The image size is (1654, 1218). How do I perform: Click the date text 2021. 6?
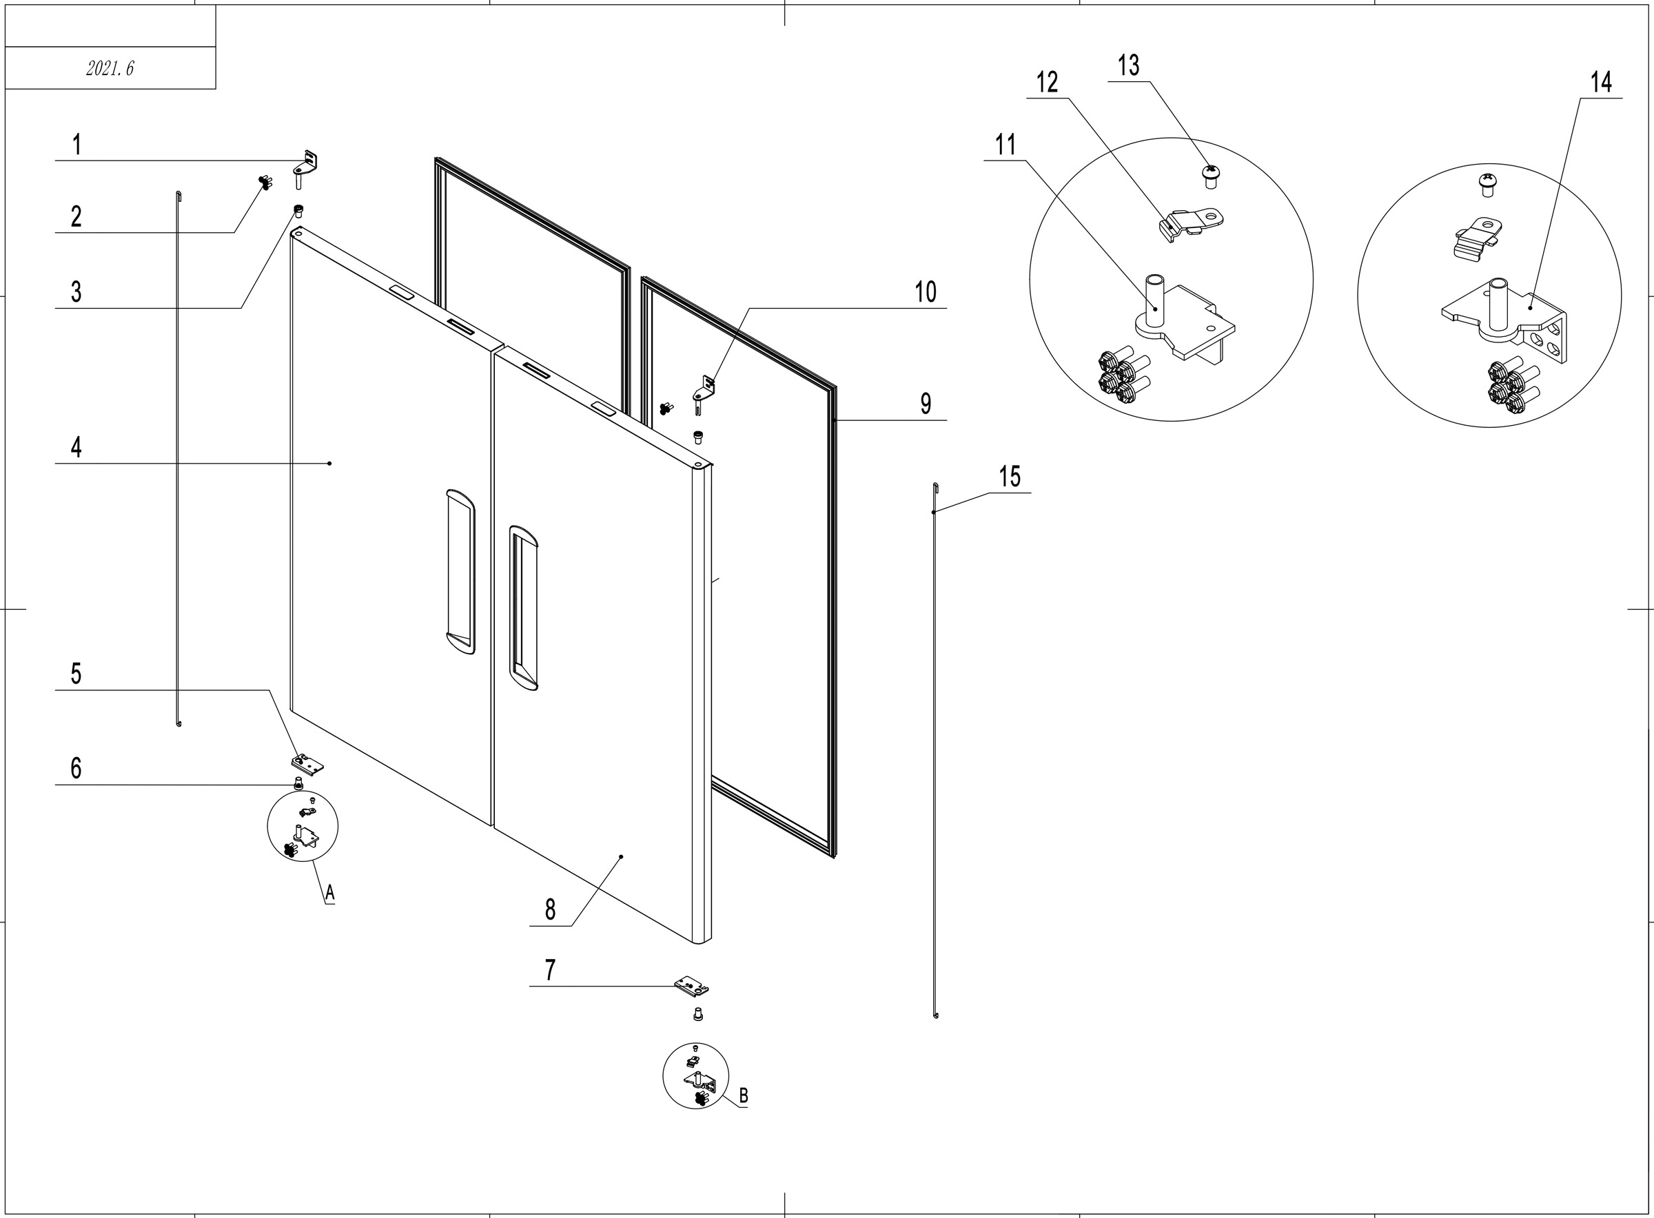(x=110, y=69)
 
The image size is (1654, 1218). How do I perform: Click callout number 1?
(x=76, y=145)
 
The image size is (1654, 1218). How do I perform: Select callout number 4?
(x=76, y=448)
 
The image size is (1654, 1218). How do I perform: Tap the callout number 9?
(x=926, y=404)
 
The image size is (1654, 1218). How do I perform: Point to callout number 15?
(x=1010, y=477)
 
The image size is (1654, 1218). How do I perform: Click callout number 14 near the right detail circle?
(x=1600, y=82)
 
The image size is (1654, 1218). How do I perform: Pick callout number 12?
(x=1047, y=83)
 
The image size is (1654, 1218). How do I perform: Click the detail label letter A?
(x=329, y=893)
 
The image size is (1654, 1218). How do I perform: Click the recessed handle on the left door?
(x=460, y=571)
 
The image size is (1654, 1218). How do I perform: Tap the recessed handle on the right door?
(x=524, y=608)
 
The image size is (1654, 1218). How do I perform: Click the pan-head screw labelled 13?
(x=1209, y=176)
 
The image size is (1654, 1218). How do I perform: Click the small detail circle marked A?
(x=303, y=827)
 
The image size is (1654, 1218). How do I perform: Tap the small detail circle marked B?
(x=695, y=1075)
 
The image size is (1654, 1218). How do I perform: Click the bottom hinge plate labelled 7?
(x=692, y=986)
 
